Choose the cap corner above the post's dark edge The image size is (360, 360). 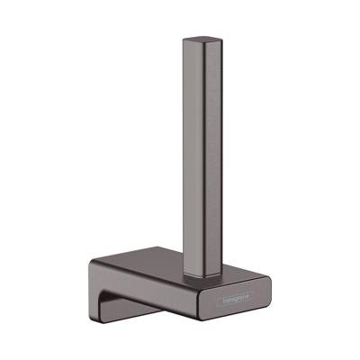pyautogui.click(x=205, y=48)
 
